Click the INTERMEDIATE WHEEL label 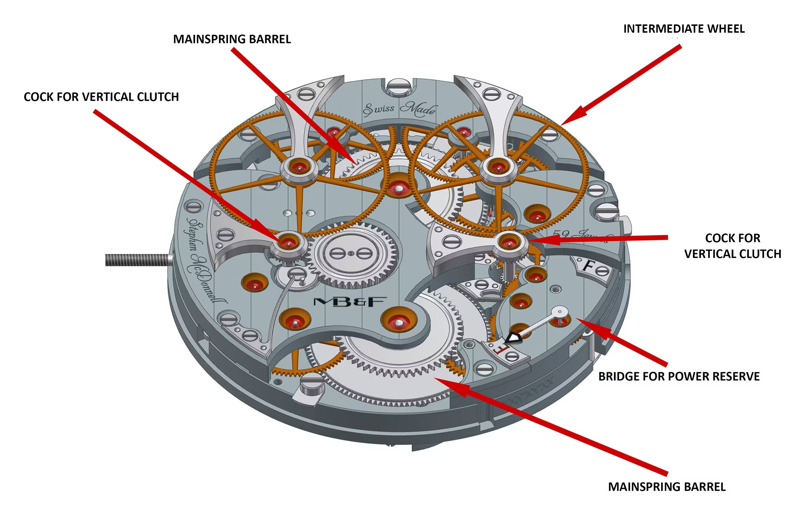(684, 29)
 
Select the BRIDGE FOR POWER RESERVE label (679, 376)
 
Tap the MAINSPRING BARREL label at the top (232, 39)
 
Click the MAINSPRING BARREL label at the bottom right (667, 486)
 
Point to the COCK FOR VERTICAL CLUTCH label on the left (101, 97)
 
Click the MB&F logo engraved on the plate (350, 302)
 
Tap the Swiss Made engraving (400, 108)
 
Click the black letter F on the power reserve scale (588, 266)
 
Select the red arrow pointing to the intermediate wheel (621, 84)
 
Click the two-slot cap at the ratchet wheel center (351, 253)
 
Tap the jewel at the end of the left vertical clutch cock (288, 242)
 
